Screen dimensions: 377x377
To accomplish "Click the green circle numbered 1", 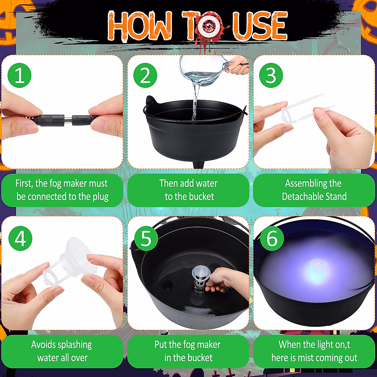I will [x=19, y=75].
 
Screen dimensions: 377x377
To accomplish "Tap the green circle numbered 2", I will [x=145, y=75].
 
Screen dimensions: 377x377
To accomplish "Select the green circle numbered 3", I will [x=271, y=75].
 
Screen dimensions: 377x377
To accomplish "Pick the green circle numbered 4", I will [x=20, y=238].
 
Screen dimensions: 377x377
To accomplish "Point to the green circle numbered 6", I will [x=272, y=238].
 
